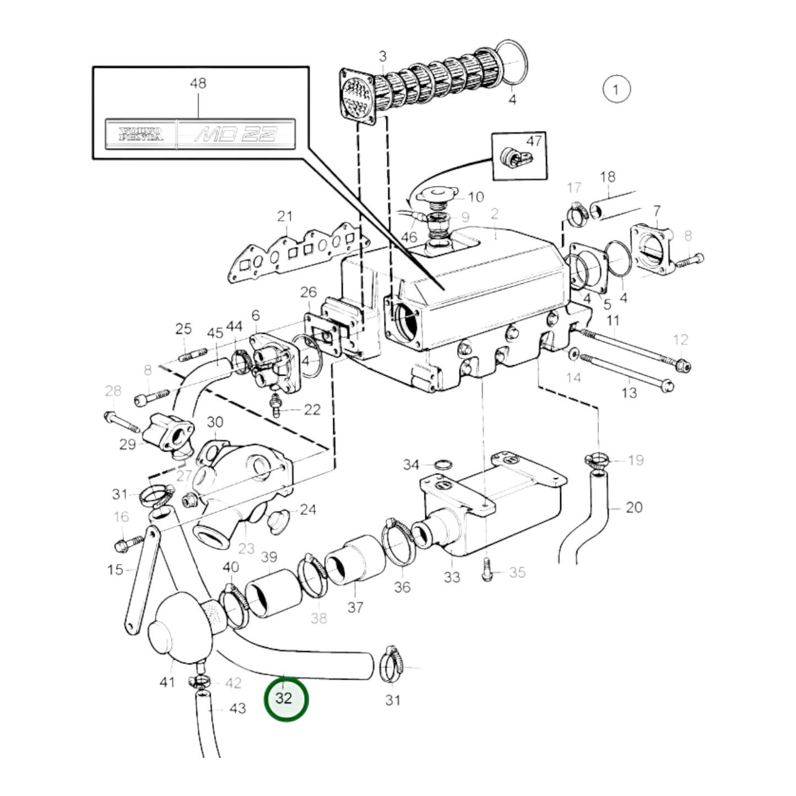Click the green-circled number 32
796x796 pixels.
pos(285,698)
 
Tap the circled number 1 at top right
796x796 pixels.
pos(616,89)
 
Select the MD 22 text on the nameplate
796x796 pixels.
pos(235,134)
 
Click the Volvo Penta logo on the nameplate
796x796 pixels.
pos(142,134)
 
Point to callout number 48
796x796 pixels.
pos(198,83)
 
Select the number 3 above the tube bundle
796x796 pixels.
pos(382,56)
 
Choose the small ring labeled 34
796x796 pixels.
pos(441,464)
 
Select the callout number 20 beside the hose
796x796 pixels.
pos(634,507)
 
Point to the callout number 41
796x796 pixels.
pos(167,682)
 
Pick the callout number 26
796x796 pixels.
pos(308,292)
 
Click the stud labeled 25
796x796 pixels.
pos(192,355)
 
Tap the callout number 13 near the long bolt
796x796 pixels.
pos(629,393)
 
